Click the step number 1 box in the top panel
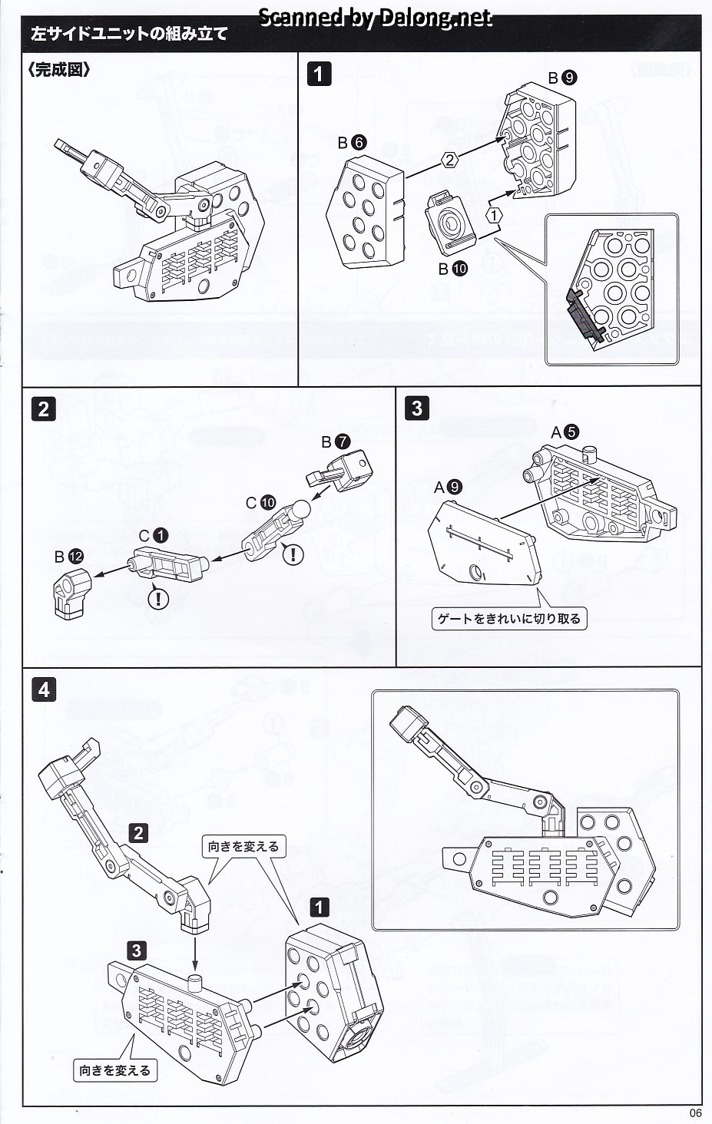(x=319, y=74)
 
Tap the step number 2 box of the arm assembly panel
(x=43, y=408)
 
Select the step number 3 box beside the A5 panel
(x=416, y=407)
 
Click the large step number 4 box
(x=43, y=689)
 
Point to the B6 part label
(x=352, y=142)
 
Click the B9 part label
(x=562, y=78)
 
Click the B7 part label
(x=336, y=441)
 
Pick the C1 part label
(x=153, y=535)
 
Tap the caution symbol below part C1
(x=158, y=597)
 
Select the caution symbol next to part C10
(x=292, y=553)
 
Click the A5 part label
(x=564, y=432)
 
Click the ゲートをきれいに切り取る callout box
(x=508, y=618)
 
